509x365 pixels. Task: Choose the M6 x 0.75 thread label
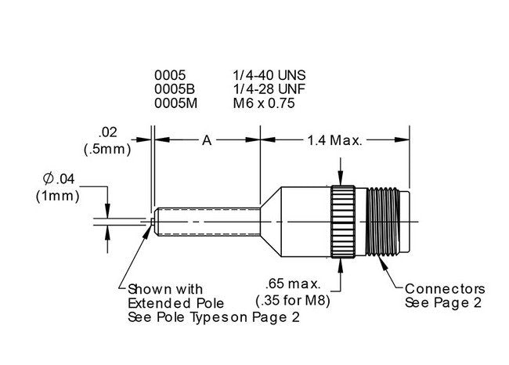tap(264, 103)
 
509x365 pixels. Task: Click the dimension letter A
tap(207, 140)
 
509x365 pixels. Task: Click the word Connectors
tap(445, 289)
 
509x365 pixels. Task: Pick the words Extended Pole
tap(175, 302)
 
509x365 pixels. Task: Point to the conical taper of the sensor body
tap(269, 222)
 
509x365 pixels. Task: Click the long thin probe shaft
tap(208, 222)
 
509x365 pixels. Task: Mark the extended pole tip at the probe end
tap(151, 222)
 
